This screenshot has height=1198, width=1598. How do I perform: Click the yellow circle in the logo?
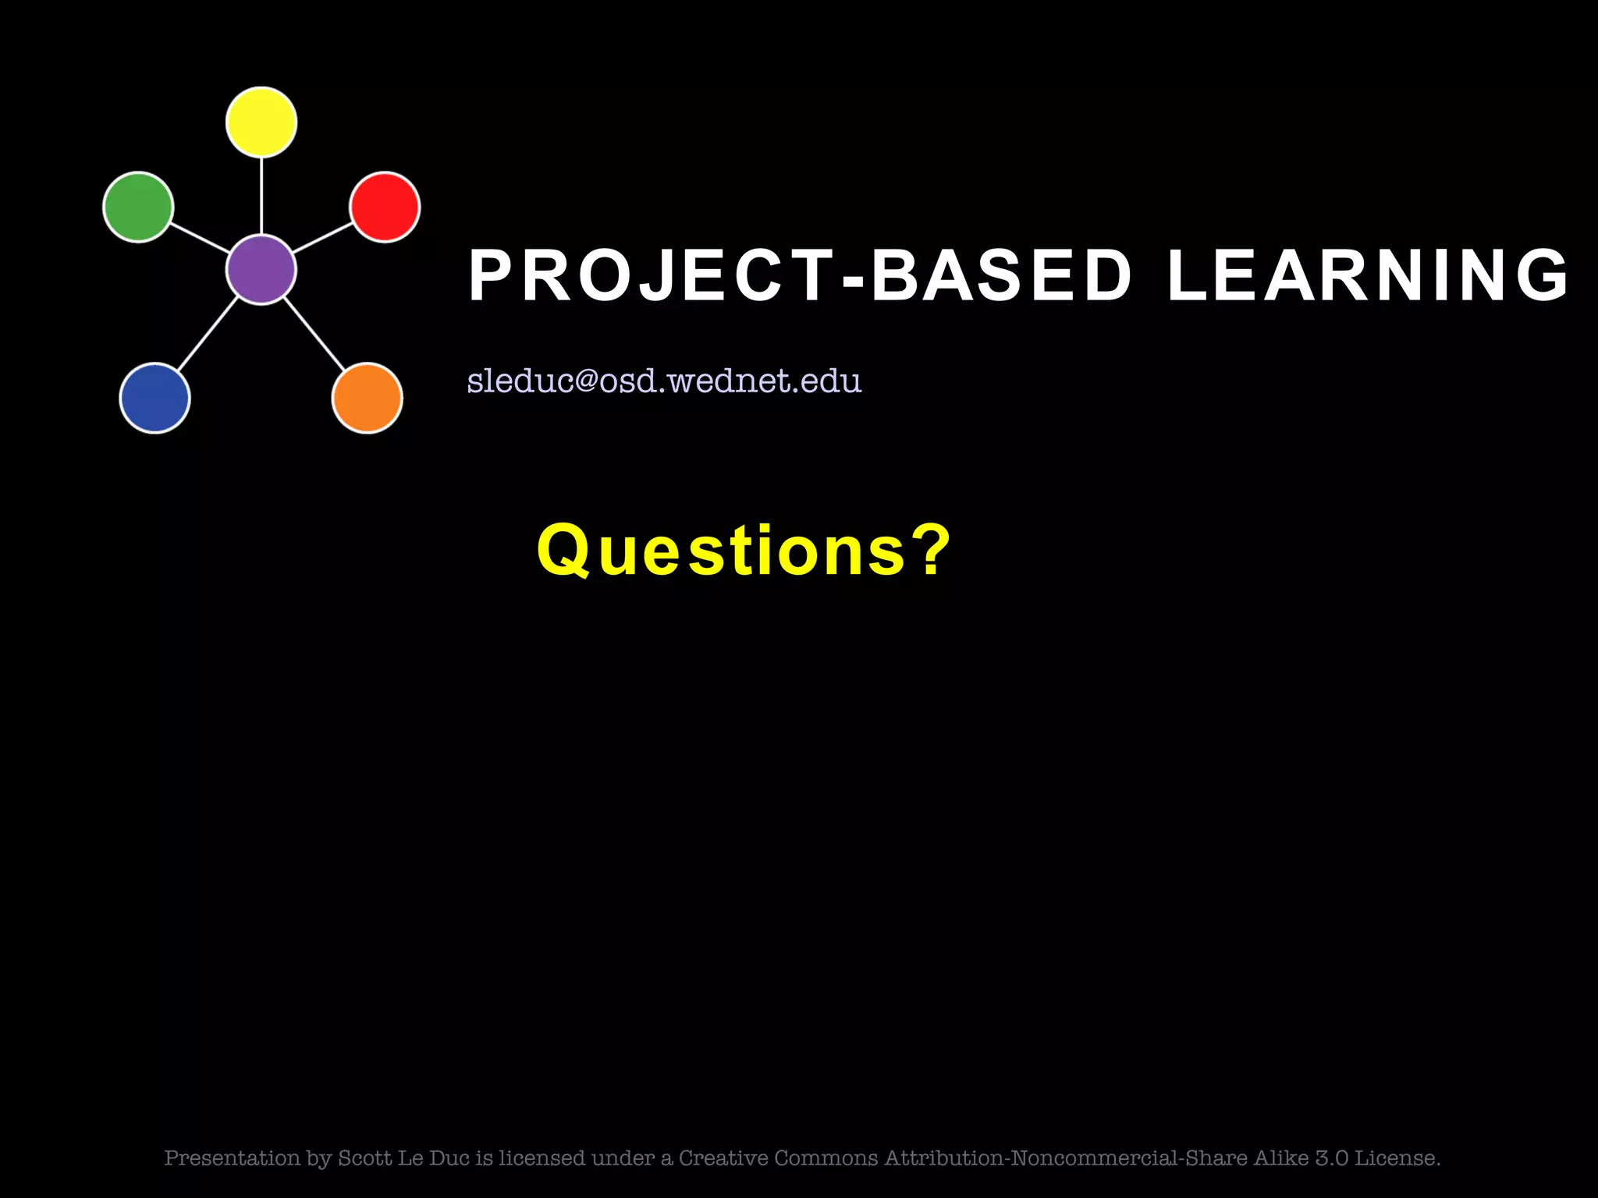point(261,122)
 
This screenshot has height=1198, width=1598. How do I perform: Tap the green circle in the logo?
point(138,207)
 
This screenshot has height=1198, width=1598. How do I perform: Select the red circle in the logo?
point(385,207)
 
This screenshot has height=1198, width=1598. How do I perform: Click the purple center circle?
point(261,269)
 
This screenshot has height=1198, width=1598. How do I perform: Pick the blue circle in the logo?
point(154,398)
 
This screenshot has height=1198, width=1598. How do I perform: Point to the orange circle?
point(367,398)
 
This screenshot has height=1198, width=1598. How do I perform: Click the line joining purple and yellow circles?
point(261,195)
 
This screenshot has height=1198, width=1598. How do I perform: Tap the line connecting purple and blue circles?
point(208,334)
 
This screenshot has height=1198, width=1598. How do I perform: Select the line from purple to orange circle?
point(314,334)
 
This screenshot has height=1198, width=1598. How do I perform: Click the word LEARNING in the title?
point(1368,275)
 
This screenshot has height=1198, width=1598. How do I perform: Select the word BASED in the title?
point(1001,275)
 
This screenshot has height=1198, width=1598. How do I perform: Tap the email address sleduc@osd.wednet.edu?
point(664,381)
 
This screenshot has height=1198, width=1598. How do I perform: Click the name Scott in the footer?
point(365,1158)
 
